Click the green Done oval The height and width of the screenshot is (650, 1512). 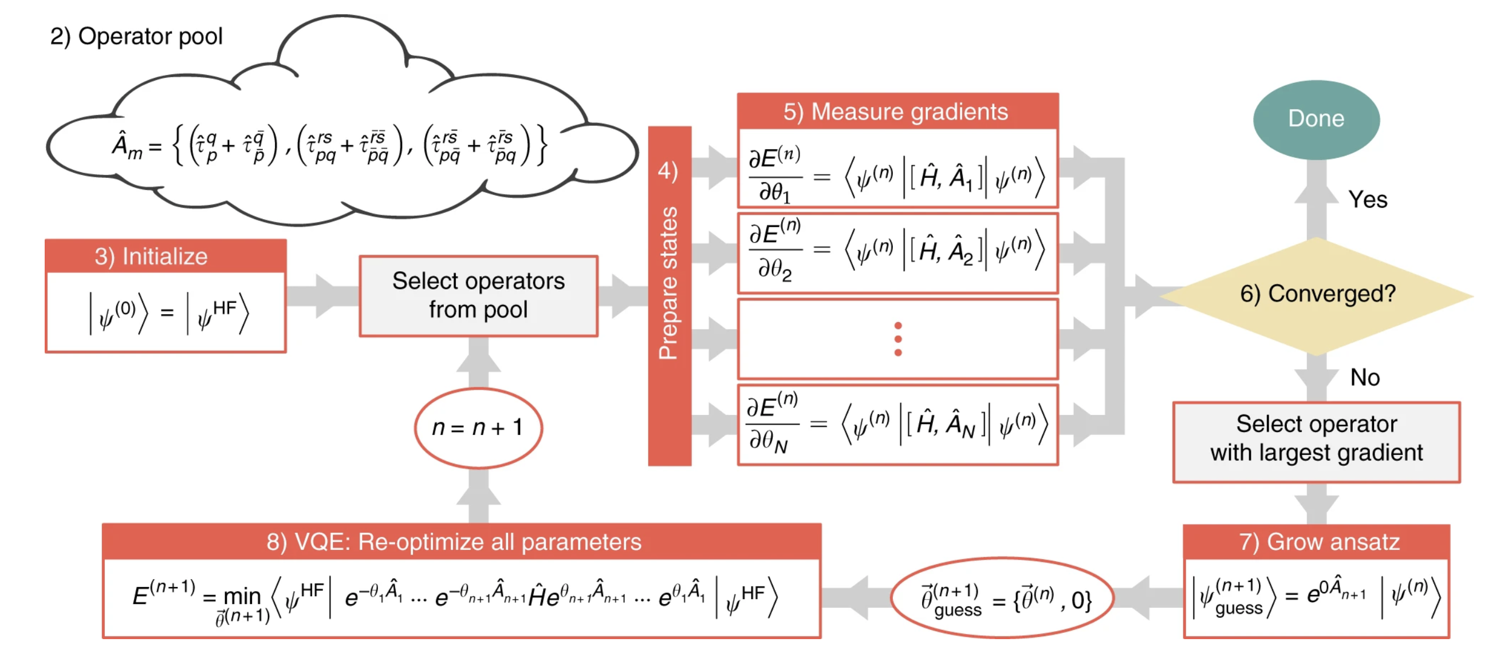[x=1316, y=119]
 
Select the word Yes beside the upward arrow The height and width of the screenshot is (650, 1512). [x=1368, y=200]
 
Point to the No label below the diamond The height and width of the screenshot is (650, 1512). [x=1365, y=378]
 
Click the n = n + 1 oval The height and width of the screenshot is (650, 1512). [x=478, y=427]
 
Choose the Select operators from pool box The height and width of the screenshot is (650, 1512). [x=478, y=296]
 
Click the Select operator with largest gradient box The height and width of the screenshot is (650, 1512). [x=1316, y=439]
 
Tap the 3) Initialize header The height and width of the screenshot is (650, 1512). [x=165, y=256]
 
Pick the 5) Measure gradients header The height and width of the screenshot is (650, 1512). [x=897, y=112]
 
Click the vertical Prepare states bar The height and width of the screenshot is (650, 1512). [x=669, y=296]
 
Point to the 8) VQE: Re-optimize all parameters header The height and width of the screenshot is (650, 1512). [x=461, y=541]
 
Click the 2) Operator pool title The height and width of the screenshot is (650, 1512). [x=136, y=37]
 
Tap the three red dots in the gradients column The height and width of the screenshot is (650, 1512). [x=897, y=339]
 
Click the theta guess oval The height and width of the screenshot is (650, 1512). [x=1003, y=598]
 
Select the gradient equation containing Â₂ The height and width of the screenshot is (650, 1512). [x=897, y=251]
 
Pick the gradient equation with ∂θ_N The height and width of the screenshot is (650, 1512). [x=897, y=423]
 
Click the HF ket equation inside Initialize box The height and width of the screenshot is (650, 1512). [x=168, y=313]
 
